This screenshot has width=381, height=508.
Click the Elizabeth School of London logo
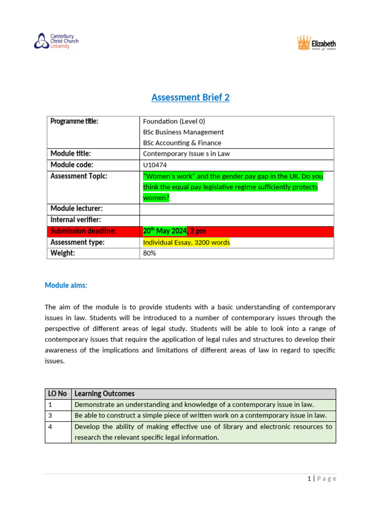click(317, 43)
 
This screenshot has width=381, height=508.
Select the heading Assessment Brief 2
click(190, 97)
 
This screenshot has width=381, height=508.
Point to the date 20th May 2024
click(165, 231)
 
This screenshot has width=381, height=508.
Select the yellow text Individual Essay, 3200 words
click(186, 242)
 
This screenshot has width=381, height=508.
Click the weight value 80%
click(149, 253)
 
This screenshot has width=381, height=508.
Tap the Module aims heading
click(66, 285)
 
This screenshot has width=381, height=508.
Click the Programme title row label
click(74, 121)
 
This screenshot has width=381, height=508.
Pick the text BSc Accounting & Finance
click(182, 143)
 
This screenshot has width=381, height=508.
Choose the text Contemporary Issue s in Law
click(186, 154)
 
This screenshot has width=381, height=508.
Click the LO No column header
click(58, 393)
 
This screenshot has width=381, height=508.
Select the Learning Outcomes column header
click(104, 393)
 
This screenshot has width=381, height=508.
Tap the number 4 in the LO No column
click(50, 426)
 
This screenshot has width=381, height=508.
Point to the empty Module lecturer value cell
click(237, 209)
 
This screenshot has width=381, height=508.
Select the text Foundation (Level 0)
click(174, 121)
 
